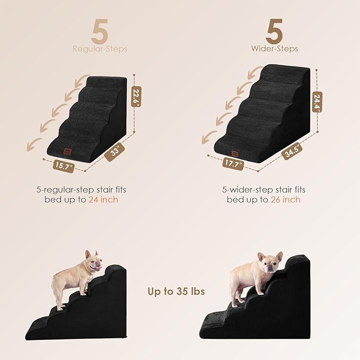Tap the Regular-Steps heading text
point(100,49)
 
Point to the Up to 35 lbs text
point(175,291)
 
